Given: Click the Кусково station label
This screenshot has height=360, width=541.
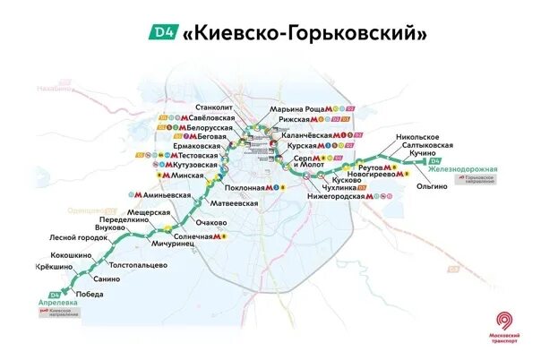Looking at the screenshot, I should [346, 180].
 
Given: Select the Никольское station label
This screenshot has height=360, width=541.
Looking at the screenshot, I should [420, 137].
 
